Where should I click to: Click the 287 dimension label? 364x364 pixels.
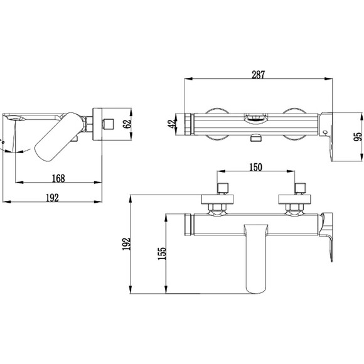point(258,75)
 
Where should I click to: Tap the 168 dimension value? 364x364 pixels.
point(58,178)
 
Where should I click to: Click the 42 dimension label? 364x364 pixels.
point(172,124)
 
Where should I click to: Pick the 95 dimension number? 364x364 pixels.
point(358,137)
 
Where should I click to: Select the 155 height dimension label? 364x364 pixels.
point(162,254)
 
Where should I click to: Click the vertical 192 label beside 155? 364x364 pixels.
point(127,244)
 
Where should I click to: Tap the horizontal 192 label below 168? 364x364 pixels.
point(53,198)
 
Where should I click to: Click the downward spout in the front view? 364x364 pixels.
point(255,258)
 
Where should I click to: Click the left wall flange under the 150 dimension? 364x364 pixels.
point(217,200)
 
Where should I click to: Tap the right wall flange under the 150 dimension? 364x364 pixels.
point(295,200)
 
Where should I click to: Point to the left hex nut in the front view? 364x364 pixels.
point(217,207)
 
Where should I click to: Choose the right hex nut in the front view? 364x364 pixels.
point(295,207)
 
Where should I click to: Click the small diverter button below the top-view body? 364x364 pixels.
point(255,139)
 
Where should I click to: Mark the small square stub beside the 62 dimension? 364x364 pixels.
point(109,124)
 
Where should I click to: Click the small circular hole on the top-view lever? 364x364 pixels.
point(325,132)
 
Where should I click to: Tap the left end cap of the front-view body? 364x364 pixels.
point(189,225)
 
